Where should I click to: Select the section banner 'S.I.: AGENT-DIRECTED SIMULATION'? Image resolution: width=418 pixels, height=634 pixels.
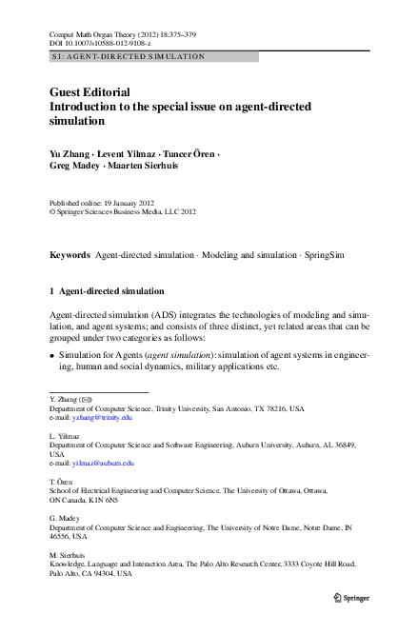tap(127, 57)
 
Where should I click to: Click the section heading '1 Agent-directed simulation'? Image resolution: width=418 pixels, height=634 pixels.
tap(106, 290)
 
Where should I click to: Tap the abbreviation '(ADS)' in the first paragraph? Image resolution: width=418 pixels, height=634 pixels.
tap(159, 314)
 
